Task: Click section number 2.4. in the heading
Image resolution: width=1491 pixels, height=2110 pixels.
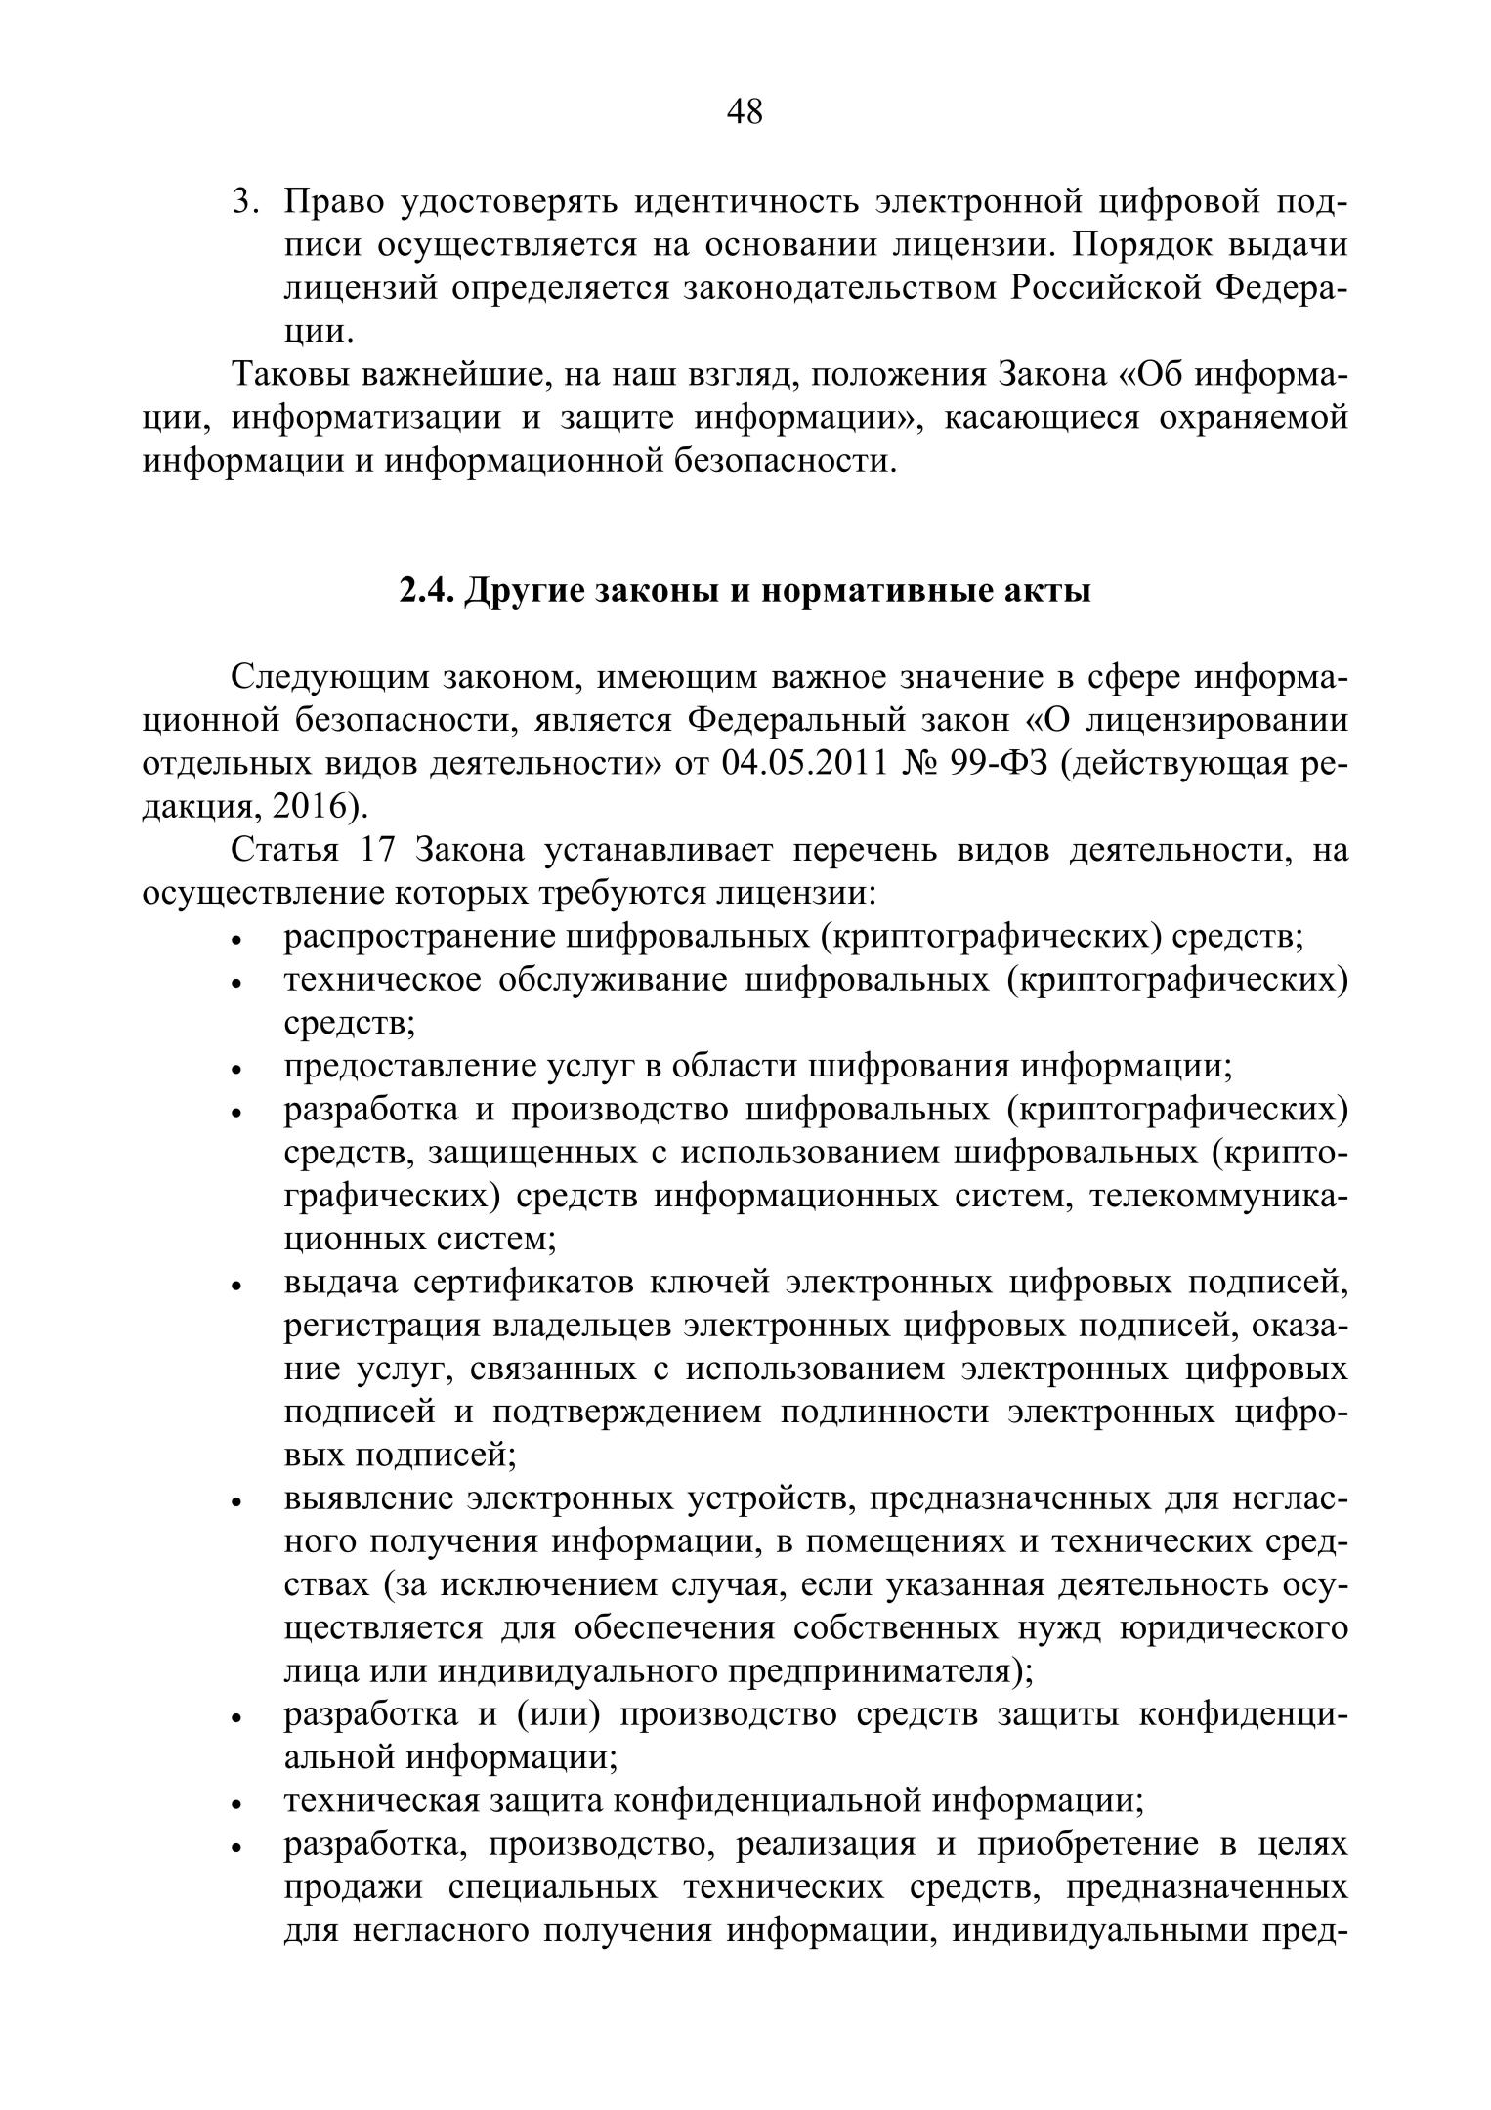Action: click(425, 591)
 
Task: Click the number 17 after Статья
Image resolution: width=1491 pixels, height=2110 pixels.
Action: click(376, 850)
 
